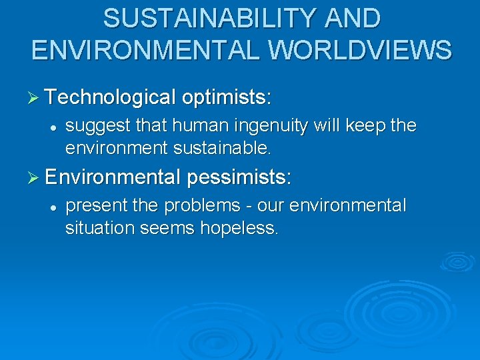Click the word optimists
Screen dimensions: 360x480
(227, 98)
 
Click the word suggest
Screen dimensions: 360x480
(93, 126)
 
